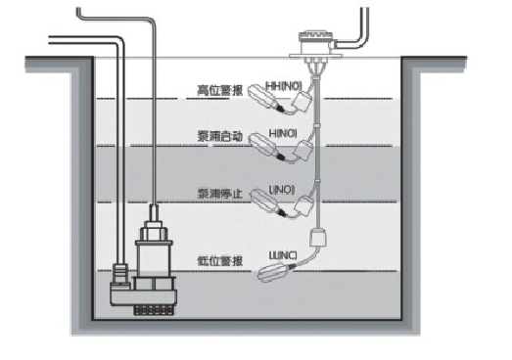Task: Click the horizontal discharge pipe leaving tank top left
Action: tap(49, 39)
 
